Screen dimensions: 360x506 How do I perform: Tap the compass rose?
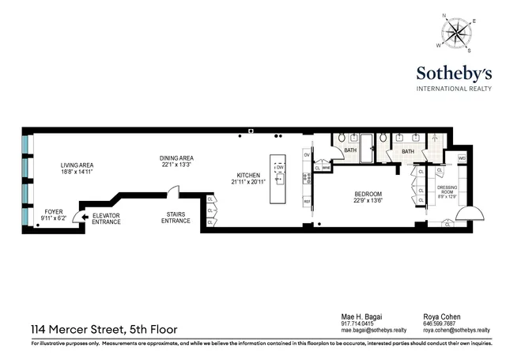coord(455,33)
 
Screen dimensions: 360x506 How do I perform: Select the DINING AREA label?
coord(176,161)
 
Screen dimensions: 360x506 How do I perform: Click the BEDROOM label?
coord(368,197)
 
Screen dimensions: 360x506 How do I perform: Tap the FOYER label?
coord(53,214)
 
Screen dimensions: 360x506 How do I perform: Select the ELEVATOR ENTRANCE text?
coord(106,218)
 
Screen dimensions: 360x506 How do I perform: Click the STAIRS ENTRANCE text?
coord(176,218)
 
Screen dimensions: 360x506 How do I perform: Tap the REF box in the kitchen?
coord(308,202)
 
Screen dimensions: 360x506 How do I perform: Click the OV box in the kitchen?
coord(308,155)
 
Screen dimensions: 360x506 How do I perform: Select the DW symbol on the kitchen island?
coord(279,168)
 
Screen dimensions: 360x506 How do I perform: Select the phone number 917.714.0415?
coord(357,322)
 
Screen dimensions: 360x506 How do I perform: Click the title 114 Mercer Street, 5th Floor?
coord(104,329)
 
